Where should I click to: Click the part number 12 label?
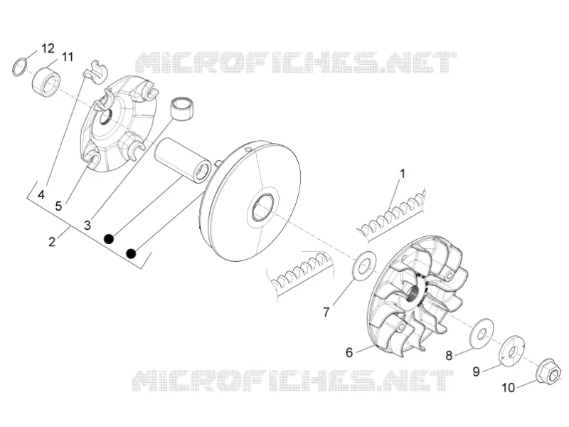[x=48, y=48]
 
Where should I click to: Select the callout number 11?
[x=67, y=57]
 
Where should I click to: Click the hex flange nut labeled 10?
[x=548, y=372]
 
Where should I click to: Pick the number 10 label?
[x=508, y=388]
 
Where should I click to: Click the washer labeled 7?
[x=364, y=265]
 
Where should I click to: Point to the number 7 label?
[x=326, y=312]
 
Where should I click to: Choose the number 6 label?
[x=349, y=352]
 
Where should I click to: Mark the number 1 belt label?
[x=402, y=174]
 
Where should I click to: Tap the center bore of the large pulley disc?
[x=263, y=207]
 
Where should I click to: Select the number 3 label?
[x=87, y=225]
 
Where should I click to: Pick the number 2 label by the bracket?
[x=52, y=241]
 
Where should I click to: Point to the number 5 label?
[x=58, y=206]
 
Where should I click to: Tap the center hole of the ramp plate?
[x=105, y=116]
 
